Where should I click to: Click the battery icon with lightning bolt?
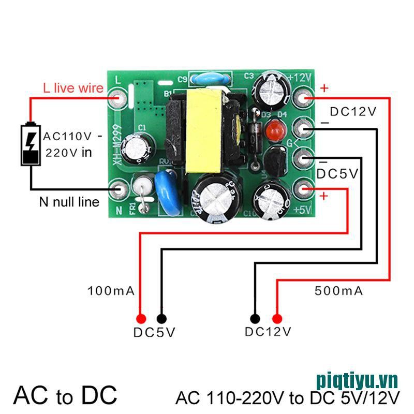click(31, 144)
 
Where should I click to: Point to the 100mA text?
click(112, 291)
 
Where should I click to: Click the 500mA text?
click(339, 291)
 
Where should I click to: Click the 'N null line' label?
click(69, 202)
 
